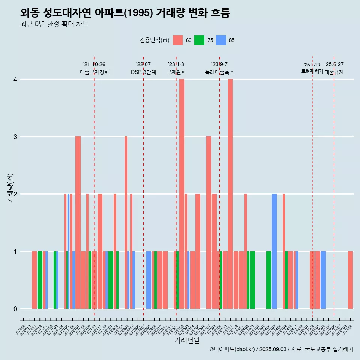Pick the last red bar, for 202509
(x=350, y=280)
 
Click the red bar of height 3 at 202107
(x=78, y=222)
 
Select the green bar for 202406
(x=268, y=280)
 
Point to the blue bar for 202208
(x=148, y=280)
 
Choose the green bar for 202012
(x=40, y=280)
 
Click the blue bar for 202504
(x=323, y=280)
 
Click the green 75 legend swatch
(x=199, y=40)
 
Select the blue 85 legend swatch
(x=221, y=40)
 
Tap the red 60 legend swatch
(x=178, y=40)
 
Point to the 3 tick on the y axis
(x=15, y=136)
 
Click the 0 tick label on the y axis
(x=15, y=309)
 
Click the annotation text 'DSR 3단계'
(x=143, y=72)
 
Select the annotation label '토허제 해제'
(x=312, y=71)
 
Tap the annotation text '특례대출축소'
(x=219, y=72)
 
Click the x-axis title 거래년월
(x=187, y=340)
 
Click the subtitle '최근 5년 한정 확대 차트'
(x=54, y=24)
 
